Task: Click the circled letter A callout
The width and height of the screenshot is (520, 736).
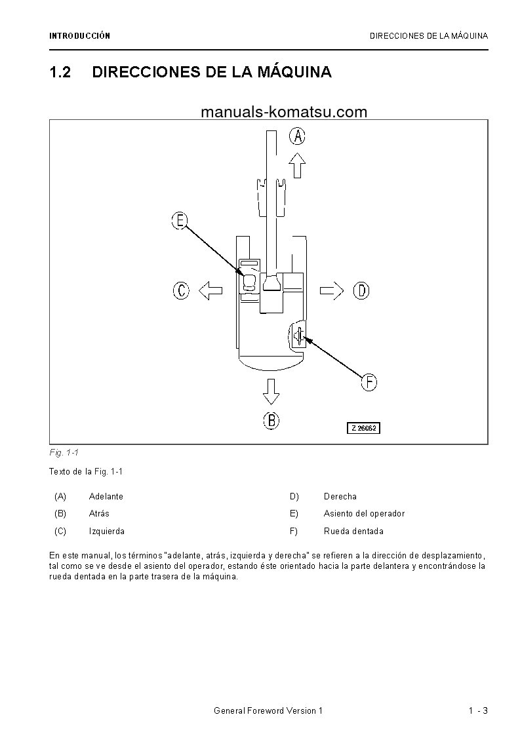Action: [x=298, y=136]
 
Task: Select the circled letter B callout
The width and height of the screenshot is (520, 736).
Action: [x=271, y=420]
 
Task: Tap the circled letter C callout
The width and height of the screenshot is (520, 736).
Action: [x=181, y=290]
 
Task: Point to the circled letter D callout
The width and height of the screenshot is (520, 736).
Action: [x=361, y=290]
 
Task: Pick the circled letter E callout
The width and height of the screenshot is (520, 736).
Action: [x=180, y=220]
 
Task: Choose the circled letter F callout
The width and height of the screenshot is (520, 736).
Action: [x=369, y=382]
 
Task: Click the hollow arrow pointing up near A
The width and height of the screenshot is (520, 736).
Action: [x=298, y=165]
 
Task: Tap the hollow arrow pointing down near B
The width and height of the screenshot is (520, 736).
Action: [x=271, y=391]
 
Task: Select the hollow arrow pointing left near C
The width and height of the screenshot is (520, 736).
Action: [x=210, y=290]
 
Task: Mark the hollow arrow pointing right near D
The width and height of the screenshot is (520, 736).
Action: [x=332, y=290]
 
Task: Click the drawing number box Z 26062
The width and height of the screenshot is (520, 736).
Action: [x=364, y=428]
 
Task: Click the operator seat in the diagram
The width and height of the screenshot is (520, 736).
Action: [x=249, y=282]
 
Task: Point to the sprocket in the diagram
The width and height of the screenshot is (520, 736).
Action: [x=299, y=336]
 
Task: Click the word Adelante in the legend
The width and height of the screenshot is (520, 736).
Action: [x=106, y=497]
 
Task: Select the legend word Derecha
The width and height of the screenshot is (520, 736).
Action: [x=340, y=497]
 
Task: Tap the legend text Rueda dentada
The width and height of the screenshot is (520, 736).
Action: [x=353, y=532]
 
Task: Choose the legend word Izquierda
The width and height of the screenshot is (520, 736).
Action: [x=107, y=532]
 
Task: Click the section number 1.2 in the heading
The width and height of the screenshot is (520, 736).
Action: [x=60, y=72]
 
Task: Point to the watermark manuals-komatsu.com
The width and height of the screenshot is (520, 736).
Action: [x=284, y=112]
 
